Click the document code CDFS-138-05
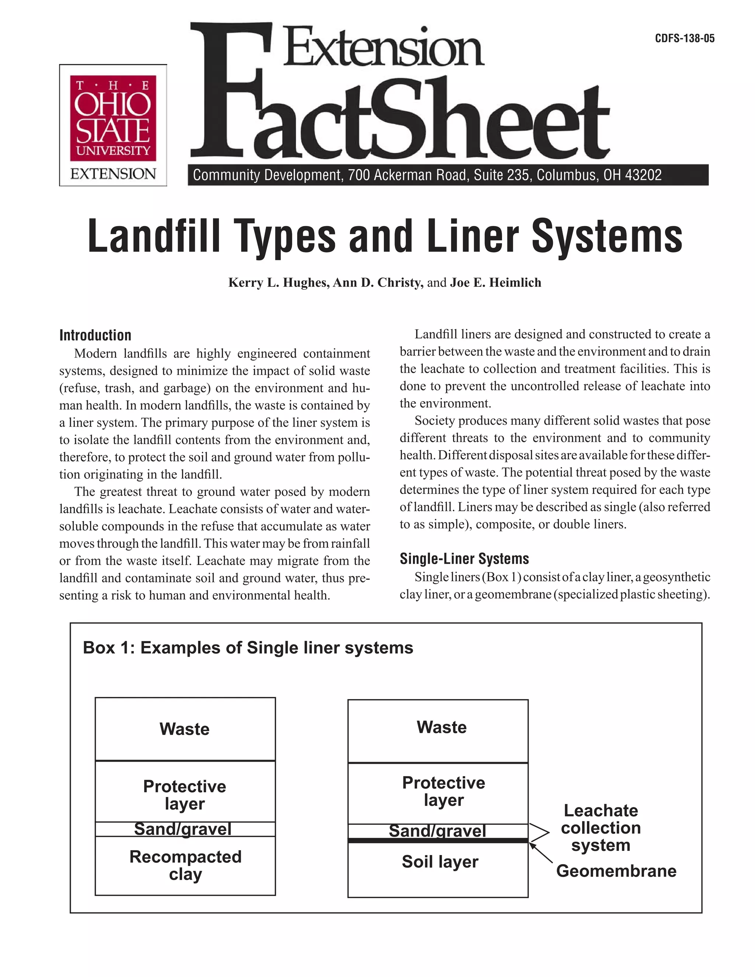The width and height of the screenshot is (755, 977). click(684, 38)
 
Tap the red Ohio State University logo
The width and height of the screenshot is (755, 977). click(113, 118)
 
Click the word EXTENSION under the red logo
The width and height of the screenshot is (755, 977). click(113, 174)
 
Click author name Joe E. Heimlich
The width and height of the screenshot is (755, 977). click(495, 283)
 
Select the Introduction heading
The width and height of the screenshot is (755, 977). click(95, 335)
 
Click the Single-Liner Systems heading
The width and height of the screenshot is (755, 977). click(464, 559)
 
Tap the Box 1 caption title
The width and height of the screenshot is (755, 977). click(248, 648)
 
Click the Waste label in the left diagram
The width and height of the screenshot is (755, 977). click(184, 729)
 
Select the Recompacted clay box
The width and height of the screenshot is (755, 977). click(185, 865)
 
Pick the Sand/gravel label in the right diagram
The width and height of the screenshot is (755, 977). click(437, 831)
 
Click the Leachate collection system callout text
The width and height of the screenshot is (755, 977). click(600, 828)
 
